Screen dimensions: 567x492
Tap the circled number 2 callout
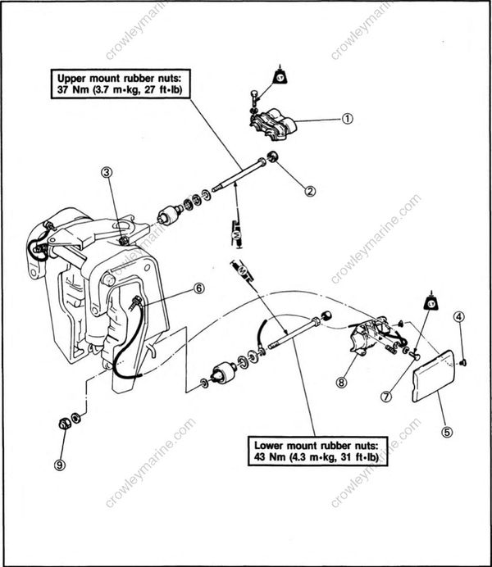[310, 191]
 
